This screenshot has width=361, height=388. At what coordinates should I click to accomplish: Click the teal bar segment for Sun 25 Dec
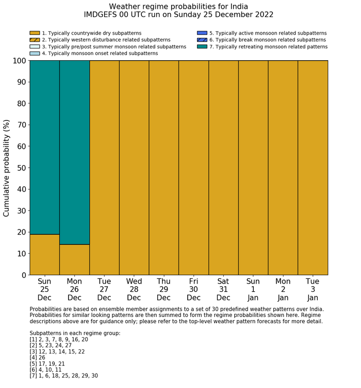click(44, 147)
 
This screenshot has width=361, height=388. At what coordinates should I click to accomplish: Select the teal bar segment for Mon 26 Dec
click(74, 152)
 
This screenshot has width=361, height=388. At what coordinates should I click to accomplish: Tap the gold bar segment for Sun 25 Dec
click(44, 255)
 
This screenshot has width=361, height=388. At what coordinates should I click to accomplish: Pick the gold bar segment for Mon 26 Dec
click(74, 260)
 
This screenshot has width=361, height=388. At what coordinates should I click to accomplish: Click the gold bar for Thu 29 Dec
click(164, 168)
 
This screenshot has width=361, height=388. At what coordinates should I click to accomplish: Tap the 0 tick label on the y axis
click(23, 275)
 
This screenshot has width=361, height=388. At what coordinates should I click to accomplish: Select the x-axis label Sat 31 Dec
click(223, 289)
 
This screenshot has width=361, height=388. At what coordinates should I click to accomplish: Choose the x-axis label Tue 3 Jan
click(313, 289)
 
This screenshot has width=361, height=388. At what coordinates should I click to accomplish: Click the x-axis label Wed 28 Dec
click(134, 289)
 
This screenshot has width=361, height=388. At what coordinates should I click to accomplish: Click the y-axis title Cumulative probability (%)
click(7, 168)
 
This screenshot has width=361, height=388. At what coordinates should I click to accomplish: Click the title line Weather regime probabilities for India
click(178, 7)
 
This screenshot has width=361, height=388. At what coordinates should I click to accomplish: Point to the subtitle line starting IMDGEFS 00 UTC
click(178, 15)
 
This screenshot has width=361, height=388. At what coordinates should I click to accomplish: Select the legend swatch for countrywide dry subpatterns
click(35, 33)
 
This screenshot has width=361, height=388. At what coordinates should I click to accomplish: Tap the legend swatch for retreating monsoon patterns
click(202, 47)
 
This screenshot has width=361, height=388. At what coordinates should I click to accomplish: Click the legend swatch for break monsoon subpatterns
click(202, 40)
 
